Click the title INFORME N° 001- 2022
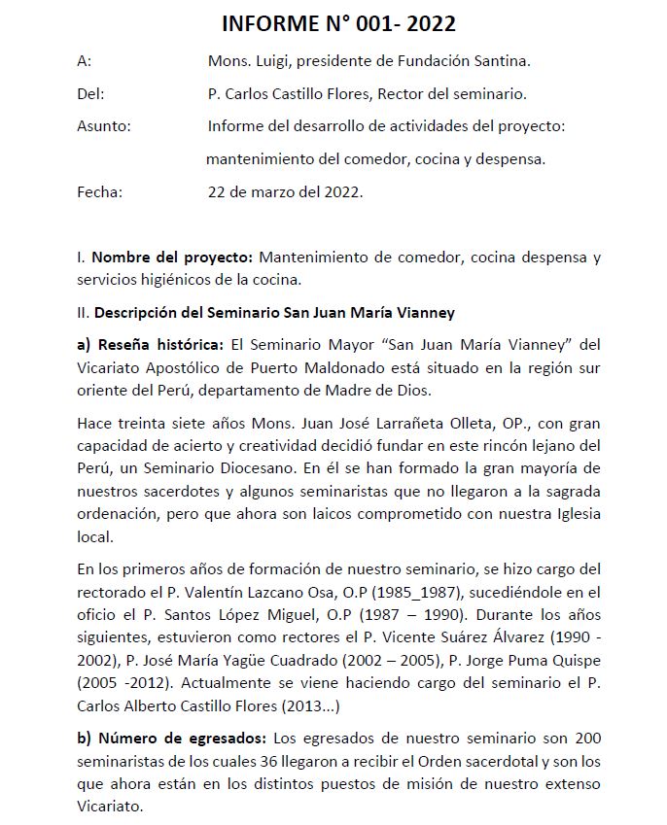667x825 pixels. pyautogui.click(x=338, y=23)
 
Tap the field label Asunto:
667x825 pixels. pyautogui.click(x=104, y=125)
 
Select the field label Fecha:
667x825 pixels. pyautogui.click(x=99, y=191)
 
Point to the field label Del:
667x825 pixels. pyautogui.click(x=90, y=93)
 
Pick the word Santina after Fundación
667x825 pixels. pyautogui.click(x=501, y=61)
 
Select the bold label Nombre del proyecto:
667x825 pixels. pyautogui.click(x=173, y=258)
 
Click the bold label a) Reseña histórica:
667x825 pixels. pyautogui.click(x=150, y=345)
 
